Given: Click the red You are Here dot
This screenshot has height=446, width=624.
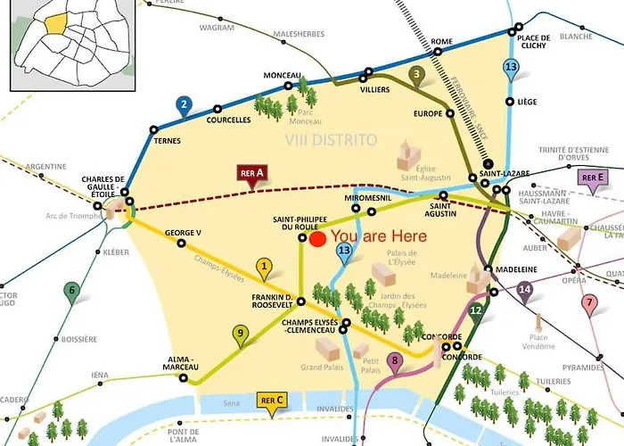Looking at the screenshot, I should pos(316,238).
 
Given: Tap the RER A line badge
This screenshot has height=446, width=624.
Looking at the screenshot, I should pos(253,173).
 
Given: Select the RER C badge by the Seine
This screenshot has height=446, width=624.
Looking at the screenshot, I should pos(271,401).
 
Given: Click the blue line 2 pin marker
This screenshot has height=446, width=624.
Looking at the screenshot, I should pos(184,105).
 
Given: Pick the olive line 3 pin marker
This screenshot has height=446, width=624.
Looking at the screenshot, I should pos(415,75).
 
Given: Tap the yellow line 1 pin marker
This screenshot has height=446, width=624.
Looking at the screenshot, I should pos(263,266).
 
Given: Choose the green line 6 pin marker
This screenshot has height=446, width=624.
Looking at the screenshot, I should pos(71,290).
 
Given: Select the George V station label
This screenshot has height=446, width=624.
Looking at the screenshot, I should pos(183,233).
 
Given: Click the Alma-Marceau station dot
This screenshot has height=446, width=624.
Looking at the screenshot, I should pos(184,377).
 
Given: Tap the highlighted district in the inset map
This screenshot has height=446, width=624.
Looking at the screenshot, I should pos(58,21).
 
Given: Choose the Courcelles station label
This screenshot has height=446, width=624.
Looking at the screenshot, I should pos(228,120).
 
